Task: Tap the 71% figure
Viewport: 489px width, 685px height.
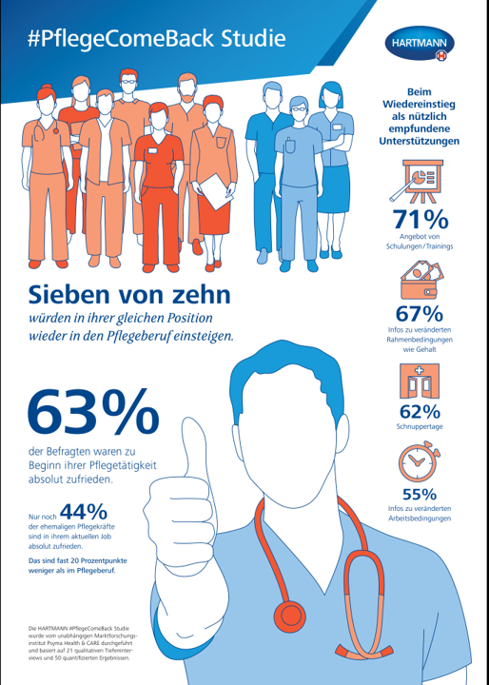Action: coord(420,218)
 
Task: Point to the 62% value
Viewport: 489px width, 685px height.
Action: coord(420,412)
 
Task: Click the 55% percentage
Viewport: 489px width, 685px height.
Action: coord(420,495)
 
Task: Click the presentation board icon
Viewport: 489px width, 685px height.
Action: coord(420,179)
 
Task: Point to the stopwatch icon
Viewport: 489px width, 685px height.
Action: coord(420,463)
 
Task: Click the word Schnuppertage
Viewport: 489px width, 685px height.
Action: coord(420,430)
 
